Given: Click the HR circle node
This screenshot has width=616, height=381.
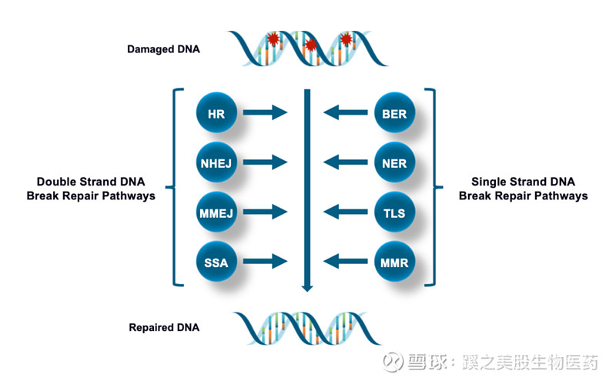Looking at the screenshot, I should point(216,114).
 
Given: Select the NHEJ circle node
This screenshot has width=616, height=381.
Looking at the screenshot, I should point(216,163).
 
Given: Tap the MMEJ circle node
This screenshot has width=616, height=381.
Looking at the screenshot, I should point(216,213).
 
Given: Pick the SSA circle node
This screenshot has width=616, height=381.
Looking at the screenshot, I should point(216,262).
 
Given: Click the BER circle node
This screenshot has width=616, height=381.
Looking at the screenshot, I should point(393,114).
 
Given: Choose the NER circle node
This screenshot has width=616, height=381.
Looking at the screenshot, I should point(393,163).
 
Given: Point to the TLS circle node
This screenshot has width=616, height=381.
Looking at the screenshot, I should point(393,213).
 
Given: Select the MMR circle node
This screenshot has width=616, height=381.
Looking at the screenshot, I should point(393,262).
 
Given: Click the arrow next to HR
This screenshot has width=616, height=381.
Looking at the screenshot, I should point(265,114).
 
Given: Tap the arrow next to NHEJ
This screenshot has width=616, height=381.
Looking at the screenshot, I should point(265,163).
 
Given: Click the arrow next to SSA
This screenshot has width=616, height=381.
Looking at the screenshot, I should point(265,262).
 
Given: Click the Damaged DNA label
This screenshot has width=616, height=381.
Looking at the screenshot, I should point(163,49).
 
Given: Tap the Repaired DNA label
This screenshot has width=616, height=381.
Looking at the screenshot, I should point(164,327).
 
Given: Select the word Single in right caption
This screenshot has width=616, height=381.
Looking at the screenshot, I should point(489,182).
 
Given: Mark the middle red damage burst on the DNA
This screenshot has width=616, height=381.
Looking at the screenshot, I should point(311,45).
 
